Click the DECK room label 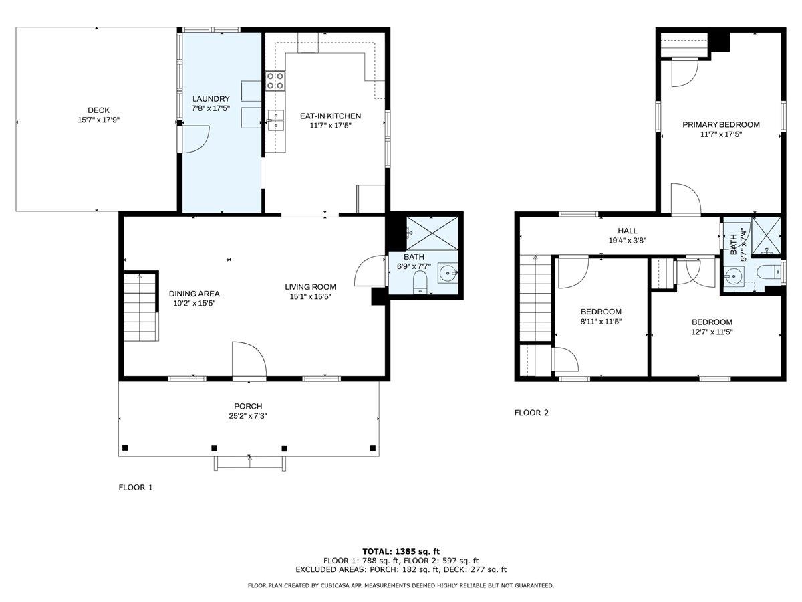pos(99,110)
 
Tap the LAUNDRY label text pos(211,99)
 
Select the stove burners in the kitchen pos(275,81)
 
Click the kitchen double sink pos(276,120)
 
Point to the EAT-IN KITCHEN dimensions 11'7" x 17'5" pos(330,126)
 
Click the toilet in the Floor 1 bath pos(420,282)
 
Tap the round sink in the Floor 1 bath pos(448,273)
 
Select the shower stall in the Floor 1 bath pos(432,233)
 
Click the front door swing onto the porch pos(249,359)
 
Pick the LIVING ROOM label pos(311,287)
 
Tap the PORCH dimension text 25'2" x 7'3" pos(248,416)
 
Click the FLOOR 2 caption pos(531,413)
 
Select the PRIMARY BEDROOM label pos(721,124)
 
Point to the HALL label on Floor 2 pos(628,231)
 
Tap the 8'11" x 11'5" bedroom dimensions pos(601,322)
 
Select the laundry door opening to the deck pos(195,139)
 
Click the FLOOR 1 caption pos(135,487)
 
